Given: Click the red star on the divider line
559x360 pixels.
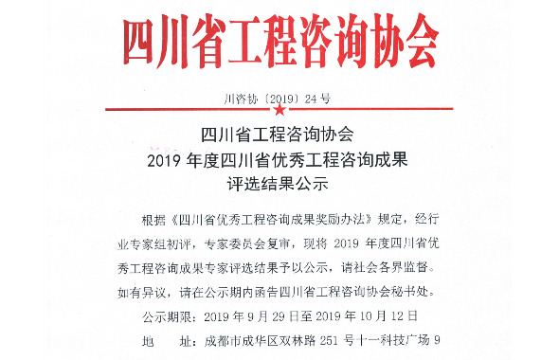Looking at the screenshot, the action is [279, 109].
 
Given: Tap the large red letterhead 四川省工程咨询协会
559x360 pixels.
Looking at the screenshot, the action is [279, 38].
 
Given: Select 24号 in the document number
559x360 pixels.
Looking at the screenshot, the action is [320, 97].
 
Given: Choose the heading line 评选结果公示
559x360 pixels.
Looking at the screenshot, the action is [279, 181].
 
